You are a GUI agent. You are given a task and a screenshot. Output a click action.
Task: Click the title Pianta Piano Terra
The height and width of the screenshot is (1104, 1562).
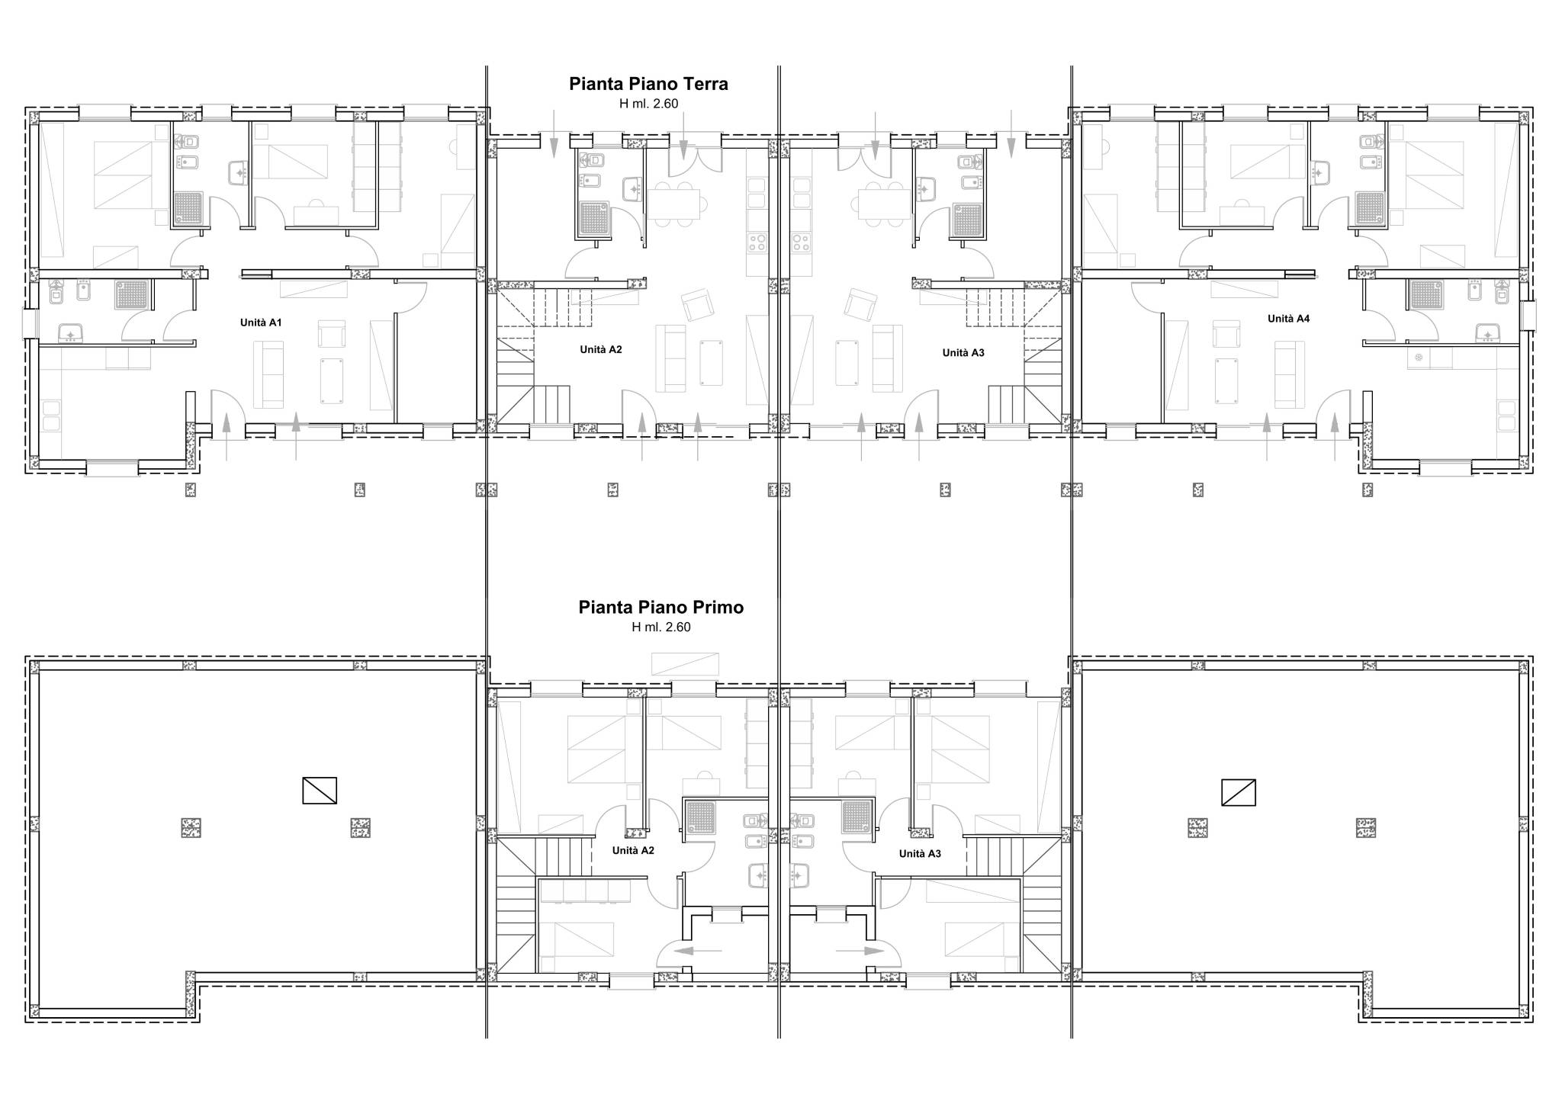click(648, 84)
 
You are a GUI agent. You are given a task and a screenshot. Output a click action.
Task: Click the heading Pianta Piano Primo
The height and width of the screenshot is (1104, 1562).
click(661, 607)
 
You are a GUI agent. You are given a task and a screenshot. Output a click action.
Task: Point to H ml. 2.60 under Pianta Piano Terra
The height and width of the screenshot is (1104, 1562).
click(648, 104)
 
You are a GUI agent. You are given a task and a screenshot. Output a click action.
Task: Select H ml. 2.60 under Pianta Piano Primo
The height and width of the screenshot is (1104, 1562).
click(661, 627)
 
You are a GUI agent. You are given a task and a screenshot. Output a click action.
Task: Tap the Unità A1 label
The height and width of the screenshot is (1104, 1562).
click(261, 323)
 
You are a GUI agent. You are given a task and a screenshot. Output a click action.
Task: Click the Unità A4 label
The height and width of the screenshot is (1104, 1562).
click(1289, 319)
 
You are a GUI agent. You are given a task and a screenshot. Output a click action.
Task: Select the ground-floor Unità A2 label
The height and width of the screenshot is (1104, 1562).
click(601, 349)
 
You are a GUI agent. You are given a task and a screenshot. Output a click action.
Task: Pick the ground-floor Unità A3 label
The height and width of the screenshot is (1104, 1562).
click(963, 352)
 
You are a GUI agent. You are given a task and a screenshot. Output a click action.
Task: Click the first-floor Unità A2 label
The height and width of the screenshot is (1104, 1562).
click(633, 850)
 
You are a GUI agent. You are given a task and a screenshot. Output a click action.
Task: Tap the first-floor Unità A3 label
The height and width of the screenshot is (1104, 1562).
click(920, 853)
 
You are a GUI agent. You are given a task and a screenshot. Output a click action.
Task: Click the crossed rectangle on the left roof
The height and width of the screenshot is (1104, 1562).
click(320, 790)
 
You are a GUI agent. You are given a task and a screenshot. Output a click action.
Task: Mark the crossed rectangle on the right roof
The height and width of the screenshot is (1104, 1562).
click(1239, 792)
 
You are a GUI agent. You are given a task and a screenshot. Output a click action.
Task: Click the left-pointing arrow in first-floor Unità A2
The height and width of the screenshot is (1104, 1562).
click(699, 951)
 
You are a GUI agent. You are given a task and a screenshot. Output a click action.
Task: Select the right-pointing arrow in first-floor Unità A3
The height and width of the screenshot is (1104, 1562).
click(860, 951)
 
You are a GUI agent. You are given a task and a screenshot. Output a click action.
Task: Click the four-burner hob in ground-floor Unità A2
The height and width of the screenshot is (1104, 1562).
click(757, 242)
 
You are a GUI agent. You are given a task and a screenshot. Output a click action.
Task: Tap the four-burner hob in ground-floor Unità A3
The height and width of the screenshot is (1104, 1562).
click(801, 242)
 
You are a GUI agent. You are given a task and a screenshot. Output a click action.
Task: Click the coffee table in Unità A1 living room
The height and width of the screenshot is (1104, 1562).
click(332, 380)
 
